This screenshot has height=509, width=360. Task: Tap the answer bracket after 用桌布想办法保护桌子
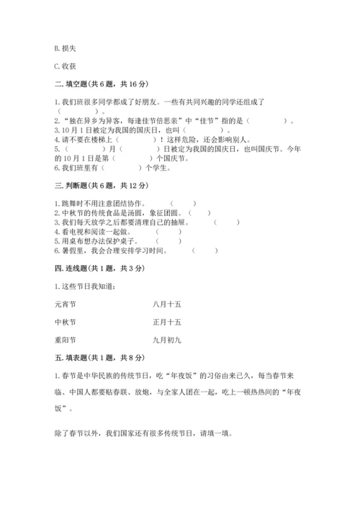point(168,241)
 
